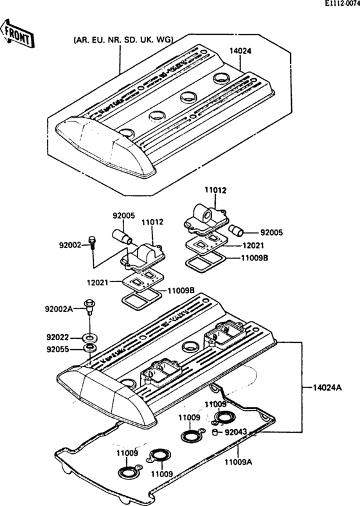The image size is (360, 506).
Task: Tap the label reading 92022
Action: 59,337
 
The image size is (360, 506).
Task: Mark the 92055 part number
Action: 59,350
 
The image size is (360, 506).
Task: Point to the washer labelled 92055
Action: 91,348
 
